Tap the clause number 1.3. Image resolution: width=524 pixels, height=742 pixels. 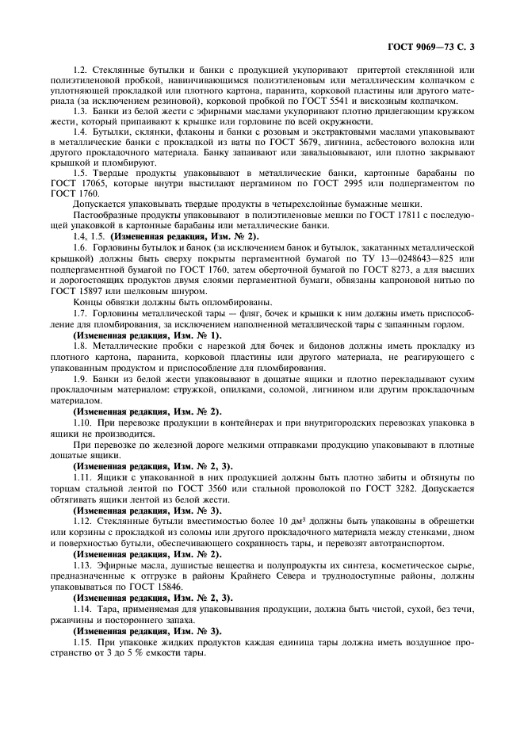point(80,112)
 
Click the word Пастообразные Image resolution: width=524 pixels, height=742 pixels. point(106,213)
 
